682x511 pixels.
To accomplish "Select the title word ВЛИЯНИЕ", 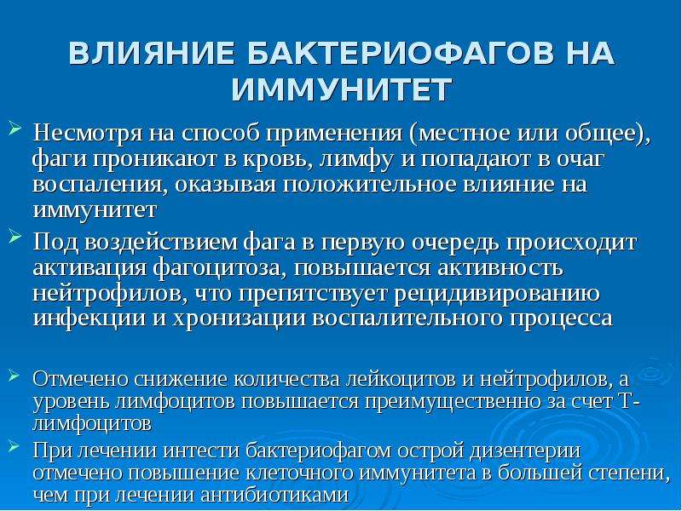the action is pyautogui.click(x=152, y=54).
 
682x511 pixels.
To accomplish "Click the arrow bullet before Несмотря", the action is pyautogui.click(x=14, y=128).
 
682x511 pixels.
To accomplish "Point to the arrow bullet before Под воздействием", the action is pyautogui.click(x=14, y=237).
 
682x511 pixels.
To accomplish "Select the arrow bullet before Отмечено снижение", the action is pyautogui.click(x=14, y=376).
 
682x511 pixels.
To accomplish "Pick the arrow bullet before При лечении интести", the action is pyautogui.click(x=14, y=446).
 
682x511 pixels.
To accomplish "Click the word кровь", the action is pyautogui.click(x=278, y=159).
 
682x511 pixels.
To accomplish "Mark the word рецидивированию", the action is pyautogui.click(x=497, y=295).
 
